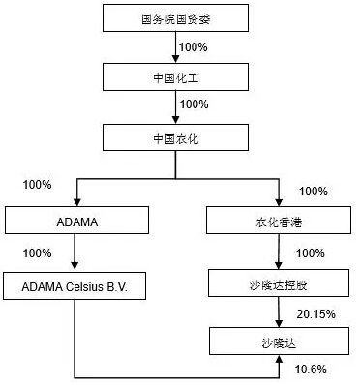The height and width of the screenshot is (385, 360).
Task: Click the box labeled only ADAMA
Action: point(73,221)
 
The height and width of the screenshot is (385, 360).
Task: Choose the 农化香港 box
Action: point(280,221)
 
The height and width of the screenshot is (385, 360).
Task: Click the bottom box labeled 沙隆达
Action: point(280,341)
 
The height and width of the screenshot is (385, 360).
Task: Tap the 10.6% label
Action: point(311,369)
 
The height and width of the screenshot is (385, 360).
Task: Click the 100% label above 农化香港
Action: point(315,191)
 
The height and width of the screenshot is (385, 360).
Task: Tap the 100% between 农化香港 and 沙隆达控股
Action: point(310,253)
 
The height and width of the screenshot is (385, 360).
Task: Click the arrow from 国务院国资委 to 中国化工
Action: point(174,47)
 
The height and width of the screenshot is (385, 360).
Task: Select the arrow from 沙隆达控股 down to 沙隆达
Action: point(280,312)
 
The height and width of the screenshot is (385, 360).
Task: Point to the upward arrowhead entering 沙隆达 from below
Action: point(280,360)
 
